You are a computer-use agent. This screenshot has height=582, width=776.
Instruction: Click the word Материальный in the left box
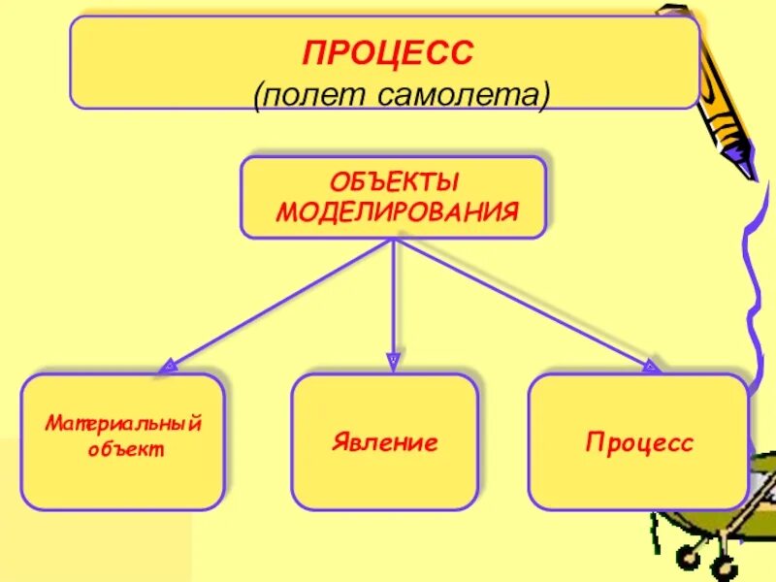[x=123, y=425]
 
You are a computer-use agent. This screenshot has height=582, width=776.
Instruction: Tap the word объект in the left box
[x=124, y=450]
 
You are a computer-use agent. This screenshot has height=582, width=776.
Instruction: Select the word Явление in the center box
[x=384, y=443]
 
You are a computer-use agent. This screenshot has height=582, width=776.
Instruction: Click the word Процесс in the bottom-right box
[x=639, y=443]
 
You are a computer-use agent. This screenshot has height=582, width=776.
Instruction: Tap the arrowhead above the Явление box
[x=393, y=363]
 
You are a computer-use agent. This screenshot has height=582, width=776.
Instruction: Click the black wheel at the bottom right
[x=691, y=557]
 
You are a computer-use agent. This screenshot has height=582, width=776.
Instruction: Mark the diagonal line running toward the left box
[x=281, y=302]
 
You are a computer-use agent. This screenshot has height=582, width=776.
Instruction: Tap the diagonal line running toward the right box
[x=524, y=303]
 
